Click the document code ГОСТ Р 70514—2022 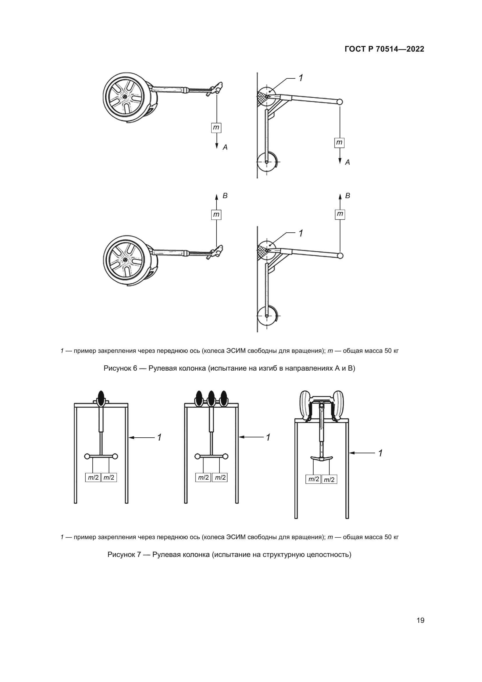[384, 49]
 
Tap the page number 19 [420, 620]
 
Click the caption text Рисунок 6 [120, 368]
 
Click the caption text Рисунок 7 [124, 555]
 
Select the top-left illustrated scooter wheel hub [125, 97]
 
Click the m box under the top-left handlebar [216, 128]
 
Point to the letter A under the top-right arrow [348, 162]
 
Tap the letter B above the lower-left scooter [225, 196]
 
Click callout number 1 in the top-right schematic [301, 78]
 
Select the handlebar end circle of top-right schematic [340, 102]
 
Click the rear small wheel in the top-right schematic [267, 162]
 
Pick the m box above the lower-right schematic [340, 214]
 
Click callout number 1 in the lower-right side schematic [301, 234]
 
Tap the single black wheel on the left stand [101, 398]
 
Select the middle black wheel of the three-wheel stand [211, 398]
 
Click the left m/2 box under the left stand [93, 478]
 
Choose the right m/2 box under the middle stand [220, 478]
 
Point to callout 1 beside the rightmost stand [380, 453]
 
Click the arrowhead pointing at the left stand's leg [131, 438]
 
